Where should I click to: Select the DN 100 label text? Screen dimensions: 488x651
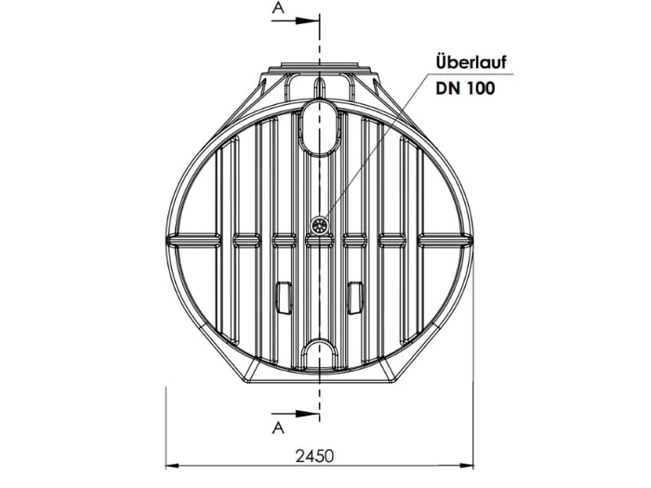click(465, 88)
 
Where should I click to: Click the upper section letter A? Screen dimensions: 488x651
click(276, 8)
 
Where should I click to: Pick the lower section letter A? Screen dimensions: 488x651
click(276, 428)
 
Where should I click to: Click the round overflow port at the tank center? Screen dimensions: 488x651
click(320, 224)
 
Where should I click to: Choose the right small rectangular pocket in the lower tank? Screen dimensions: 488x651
click(354, 297)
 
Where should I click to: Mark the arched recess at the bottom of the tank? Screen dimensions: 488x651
click(320, 353)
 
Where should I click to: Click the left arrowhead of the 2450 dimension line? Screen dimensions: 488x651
click(172, 466)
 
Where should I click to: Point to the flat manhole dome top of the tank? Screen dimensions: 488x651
click(320, 70)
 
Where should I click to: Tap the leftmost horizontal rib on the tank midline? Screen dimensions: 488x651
click(190, 240)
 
